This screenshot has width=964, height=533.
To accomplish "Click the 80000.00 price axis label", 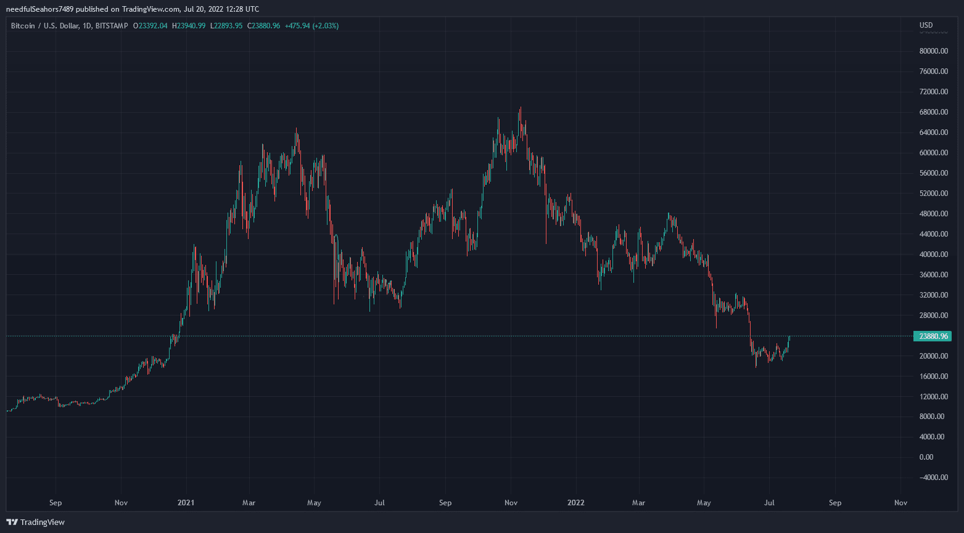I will point(933,51).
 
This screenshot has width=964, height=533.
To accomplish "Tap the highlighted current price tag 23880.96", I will point(932,336).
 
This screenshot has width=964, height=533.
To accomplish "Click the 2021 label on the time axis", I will point(186,503).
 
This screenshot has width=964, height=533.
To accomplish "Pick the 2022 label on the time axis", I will point(576,503).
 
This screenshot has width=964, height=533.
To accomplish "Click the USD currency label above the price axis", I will point(926,25).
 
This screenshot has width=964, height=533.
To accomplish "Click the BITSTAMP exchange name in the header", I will point(113,26).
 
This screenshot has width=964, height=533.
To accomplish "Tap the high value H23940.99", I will point(189,26).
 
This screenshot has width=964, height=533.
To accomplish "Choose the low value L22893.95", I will point(227,26).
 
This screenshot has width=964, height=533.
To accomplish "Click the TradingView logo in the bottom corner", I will point(35,523).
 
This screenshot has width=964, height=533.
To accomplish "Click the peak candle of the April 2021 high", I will point(296,131).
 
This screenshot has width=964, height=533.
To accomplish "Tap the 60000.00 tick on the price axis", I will point(933,153).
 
